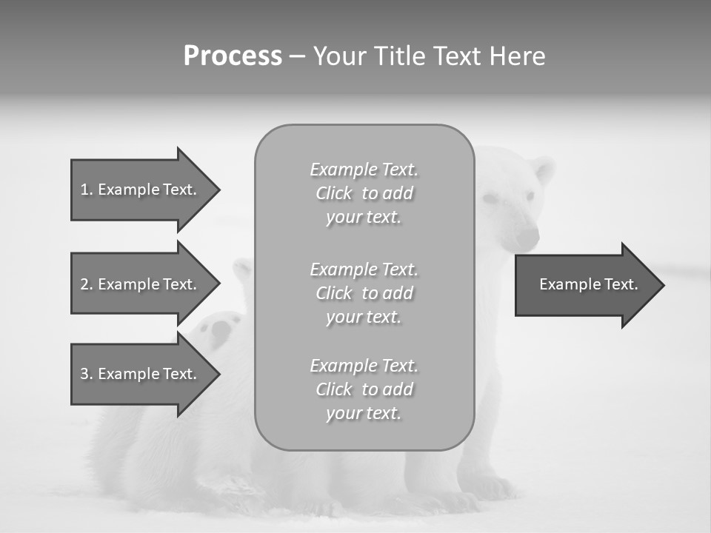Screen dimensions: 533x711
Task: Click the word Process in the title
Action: [233, 56]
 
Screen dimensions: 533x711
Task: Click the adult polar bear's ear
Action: [543, 170]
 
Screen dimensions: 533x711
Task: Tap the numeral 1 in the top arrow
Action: [84, 190]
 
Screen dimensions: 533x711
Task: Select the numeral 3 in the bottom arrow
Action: [84, 374]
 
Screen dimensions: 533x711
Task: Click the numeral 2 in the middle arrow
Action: [84, 284]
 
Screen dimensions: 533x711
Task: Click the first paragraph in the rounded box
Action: [364, 193]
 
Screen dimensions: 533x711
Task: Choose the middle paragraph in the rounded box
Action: [364, 293]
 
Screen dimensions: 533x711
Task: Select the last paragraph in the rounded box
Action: [364, 389]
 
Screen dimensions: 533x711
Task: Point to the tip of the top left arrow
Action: [219, 190]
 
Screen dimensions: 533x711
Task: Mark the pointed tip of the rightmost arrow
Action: [664, 285]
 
